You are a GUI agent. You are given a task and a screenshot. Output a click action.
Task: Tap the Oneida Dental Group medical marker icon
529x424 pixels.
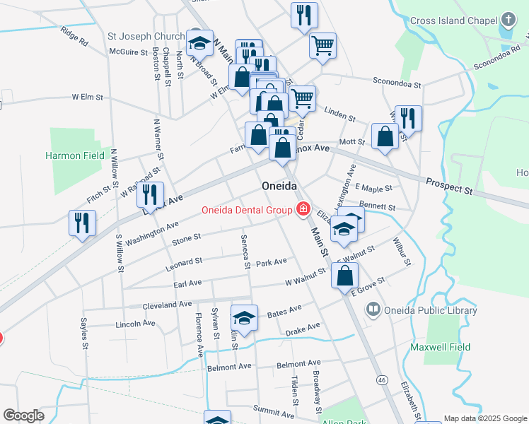(x=303, y=209)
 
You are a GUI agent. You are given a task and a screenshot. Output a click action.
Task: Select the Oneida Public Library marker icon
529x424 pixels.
(x=373, y=310)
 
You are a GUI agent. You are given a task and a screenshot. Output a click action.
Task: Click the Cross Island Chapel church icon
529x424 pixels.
(x=508, y=20)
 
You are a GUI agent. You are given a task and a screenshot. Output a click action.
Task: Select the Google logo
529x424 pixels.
(x=23, y=416)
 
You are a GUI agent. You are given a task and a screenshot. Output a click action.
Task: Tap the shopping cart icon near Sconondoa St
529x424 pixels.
(x=322, y=45)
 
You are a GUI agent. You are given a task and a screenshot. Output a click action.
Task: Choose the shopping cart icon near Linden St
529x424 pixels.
(x=302, y=98)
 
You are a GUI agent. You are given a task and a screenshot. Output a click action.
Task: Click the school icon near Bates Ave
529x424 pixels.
(x=244, y=317)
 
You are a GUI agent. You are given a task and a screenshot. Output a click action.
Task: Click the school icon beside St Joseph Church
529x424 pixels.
(x=199, y=41)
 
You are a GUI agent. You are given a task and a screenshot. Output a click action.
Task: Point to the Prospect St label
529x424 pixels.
(x=448, y=187)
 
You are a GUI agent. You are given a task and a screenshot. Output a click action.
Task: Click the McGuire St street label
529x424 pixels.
(x=128, y=52)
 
